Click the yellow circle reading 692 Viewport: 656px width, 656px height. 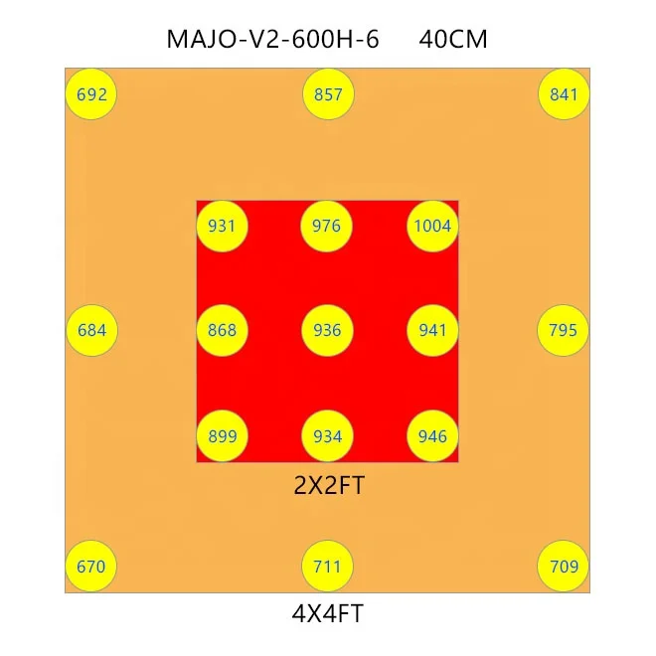click(x=91, y=95)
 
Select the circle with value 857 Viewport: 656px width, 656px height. click(x=327, y=95)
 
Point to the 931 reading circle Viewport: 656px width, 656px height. click(x=223, y=226)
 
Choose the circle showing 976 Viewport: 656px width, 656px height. click(x=327, y=226)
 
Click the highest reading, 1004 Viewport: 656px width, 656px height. click(x=432, y=226)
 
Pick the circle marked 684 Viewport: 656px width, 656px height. click(x=91, y=330)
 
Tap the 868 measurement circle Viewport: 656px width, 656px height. click(x=223, y=330)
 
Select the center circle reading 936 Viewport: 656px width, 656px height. click(x=327, y=330)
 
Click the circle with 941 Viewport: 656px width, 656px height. click(x=432, y=330)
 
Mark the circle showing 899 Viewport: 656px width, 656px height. click(x=223, y=436)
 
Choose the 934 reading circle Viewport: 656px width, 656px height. click(x=327, y=436)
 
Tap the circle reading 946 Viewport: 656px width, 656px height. click(x=432, y=436)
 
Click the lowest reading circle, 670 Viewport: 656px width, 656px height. click(x=91, y=568)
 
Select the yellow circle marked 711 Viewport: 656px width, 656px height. click(x=327, y=568)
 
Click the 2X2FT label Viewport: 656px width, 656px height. click(x=328, y=486)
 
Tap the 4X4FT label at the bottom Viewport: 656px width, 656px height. click(x=328, y=614)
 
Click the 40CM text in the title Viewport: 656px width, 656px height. click(x=453, y=40)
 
